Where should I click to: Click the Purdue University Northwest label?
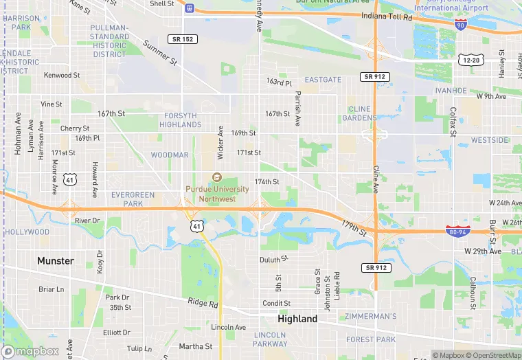pyautogui.click(x=217, y=194)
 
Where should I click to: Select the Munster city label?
pyautogui.click(x=55, y=260)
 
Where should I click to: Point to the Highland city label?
pyautogui.click(x=297, y=319)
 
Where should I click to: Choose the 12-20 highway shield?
pyautogui.click(x=471, y=60)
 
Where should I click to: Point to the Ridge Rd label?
pyautogui.click(x=203, y=303)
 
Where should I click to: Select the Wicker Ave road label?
pyautogui.click(x=220, y=139)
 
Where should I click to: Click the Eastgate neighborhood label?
pyautogui.click(x=323, y=80)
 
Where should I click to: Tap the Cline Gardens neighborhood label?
pyautogui.click(x=359, y=113)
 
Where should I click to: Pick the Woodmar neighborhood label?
pyautogui.click(x=169, y=155)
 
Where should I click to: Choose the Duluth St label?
pyautogui.click(x=275, y=260)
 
